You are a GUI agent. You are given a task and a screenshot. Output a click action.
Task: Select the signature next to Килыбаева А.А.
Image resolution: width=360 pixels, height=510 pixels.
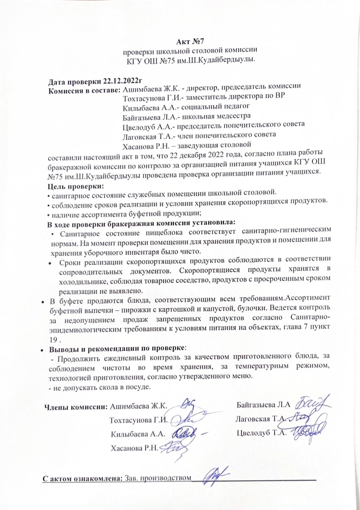tap(186, 433)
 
